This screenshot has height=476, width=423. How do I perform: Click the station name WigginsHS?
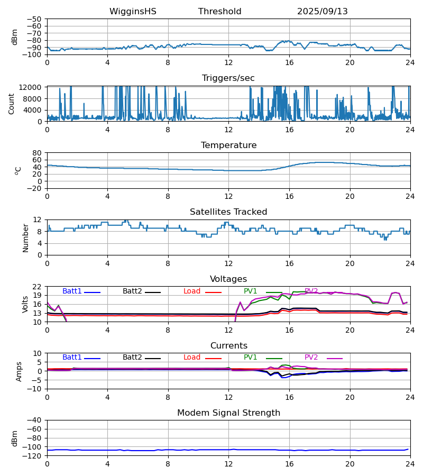[133, 12]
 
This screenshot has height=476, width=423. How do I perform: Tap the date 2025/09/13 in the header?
[322, 12]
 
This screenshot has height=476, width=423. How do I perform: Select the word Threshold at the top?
[219, 12]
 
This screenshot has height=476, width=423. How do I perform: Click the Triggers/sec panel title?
[228, 78]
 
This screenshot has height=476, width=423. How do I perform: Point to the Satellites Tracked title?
[228, 212]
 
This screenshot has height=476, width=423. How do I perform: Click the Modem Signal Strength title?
[228, 413]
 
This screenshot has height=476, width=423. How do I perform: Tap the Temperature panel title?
[228, 145]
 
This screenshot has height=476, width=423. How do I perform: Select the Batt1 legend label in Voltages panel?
[72, 291]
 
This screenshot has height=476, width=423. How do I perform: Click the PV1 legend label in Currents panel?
[250, 358]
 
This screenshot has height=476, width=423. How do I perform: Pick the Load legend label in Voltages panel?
[192, 291]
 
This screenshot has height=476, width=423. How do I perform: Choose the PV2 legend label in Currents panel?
[311, 358]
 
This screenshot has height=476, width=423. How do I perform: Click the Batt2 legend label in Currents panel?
[132, 358]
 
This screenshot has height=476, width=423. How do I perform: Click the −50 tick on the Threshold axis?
[36, 19]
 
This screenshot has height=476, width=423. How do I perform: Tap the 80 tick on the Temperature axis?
[37, 153]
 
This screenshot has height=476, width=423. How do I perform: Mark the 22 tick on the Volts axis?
[37, 287]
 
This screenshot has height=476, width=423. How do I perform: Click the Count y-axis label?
[12, 104]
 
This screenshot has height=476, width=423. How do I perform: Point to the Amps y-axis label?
[19, 371]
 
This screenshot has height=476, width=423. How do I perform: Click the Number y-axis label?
[25, 237]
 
